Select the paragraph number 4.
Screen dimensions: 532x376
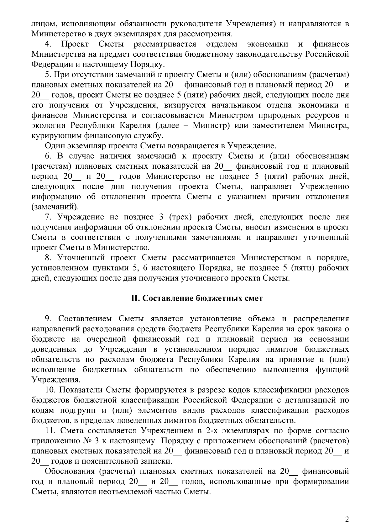49,44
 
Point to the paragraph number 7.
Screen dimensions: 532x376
49,217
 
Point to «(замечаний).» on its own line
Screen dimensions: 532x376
55,207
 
